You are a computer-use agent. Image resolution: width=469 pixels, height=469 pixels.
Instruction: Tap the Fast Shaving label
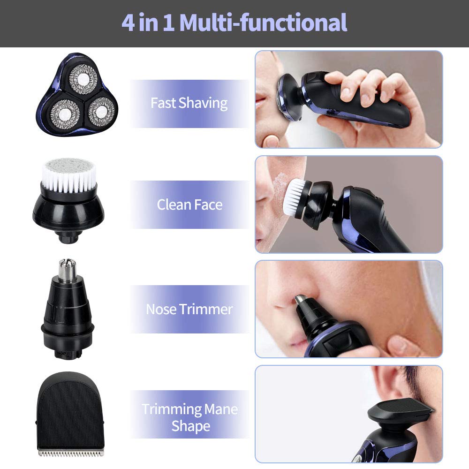(x=189, y=103)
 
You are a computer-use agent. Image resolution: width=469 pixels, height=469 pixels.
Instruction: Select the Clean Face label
(x=189, y=204)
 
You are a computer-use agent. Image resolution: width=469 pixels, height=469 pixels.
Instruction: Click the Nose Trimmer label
(x=189, y=309)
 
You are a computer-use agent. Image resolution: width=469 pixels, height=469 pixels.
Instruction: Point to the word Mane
(x=220, y=409)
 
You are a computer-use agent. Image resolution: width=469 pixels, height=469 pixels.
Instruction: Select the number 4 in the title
(x=128, y=23)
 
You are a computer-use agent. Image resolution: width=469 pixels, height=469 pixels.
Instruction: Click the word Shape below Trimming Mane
(x=190, y=426)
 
